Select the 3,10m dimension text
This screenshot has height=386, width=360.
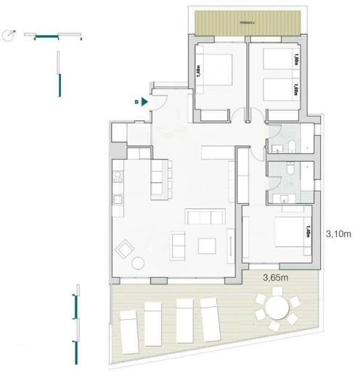(x=337, y=234)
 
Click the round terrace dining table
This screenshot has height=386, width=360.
(x=275, y=309)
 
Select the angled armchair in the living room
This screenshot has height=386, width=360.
(x=125, y=249)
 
